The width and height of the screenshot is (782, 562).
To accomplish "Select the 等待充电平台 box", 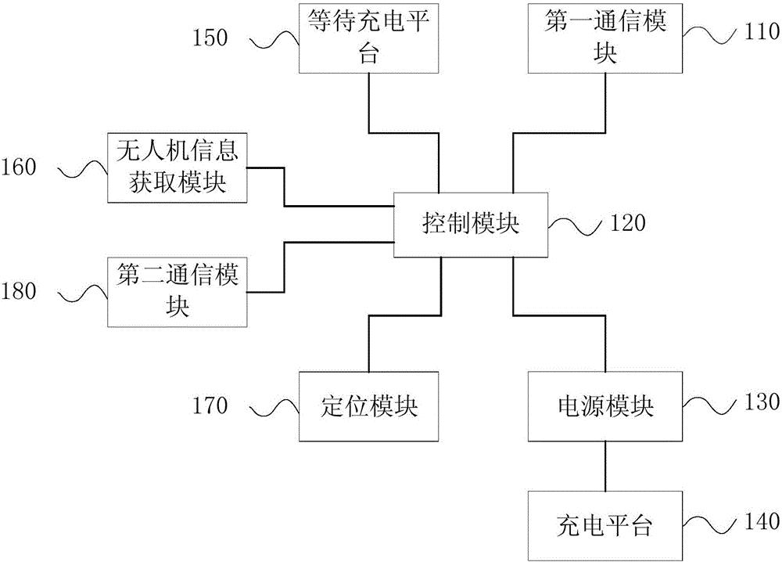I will tap(368, 38).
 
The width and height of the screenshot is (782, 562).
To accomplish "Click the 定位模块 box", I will tap(368, 406).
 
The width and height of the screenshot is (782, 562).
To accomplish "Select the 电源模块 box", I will tap(605, 406).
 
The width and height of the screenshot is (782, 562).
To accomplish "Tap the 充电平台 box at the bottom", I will tap(605, 522).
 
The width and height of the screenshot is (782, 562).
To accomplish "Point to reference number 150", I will tap(210, 37).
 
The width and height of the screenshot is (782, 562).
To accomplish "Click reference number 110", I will tap(760, 32).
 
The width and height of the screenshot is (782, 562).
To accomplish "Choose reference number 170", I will tap(210, 405).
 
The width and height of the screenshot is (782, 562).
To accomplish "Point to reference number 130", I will tap(760, 402).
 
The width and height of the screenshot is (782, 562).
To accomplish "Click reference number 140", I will tap(760, 520).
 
